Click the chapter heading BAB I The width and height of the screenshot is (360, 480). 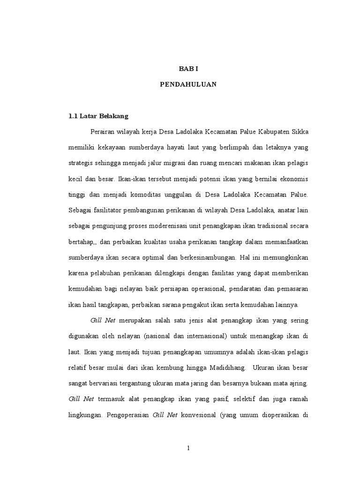tap(189, 68)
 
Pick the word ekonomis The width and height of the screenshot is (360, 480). tap(293, 179)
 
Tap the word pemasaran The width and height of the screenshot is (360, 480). tap(290, 289)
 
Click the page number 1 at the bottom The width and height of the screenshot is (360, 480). tap(188, 448)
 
